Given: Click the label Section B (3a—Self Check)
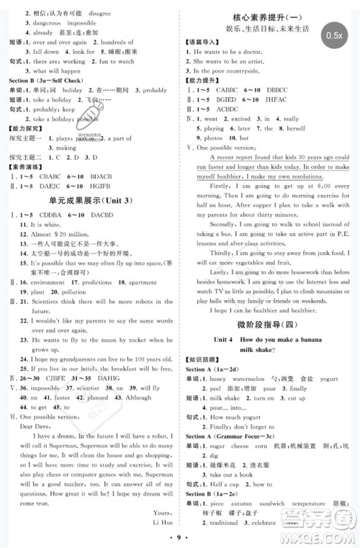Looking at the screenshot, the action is click(50, 81).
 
